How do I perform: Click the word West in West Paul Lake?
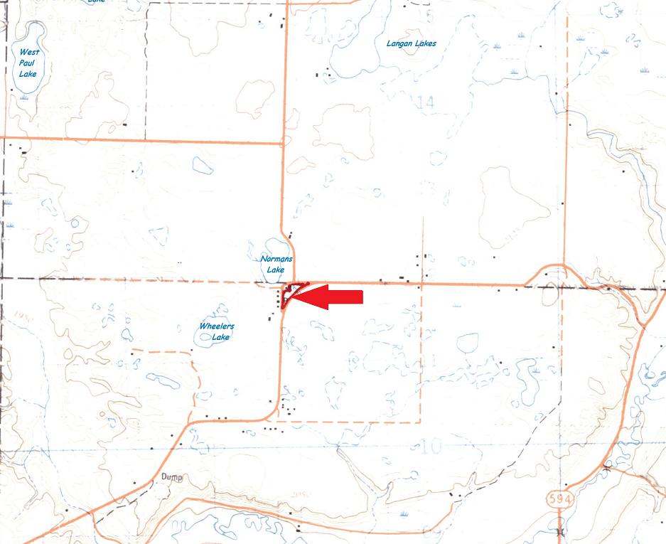[x=28, y=52]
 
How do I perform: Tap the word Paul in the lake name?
[x=28, y=63]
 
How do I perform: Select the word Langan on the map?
[x=399, y=43]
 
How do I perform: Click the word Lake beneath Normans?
[x=275, y=270]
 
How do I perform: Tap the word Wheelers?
[x=217, y=326]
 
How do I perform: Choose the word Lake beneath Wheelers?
[x=220, y=337]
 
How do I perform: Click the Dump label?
[x=172, y=477]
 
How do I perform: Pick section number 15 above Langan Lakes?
[x=426, y=14]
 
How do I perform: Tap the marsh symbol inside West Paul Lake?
[x=25, y=96]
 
